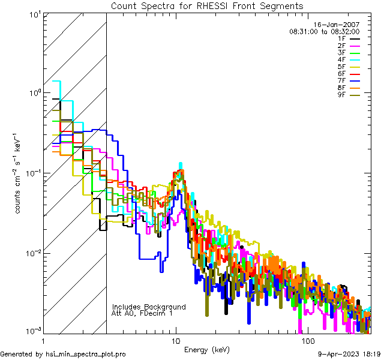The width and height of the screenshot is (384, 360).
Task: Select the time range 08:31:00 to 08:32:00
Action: point(324,31)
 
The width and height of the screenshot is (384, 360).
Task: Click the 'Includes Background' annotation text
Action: point(149,307)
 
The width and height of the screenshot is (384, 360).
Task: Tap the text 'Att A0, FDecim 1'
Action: point(142,314)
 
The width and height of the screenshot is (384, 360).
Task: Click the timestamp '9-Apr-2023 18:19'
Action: point(349,355)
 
